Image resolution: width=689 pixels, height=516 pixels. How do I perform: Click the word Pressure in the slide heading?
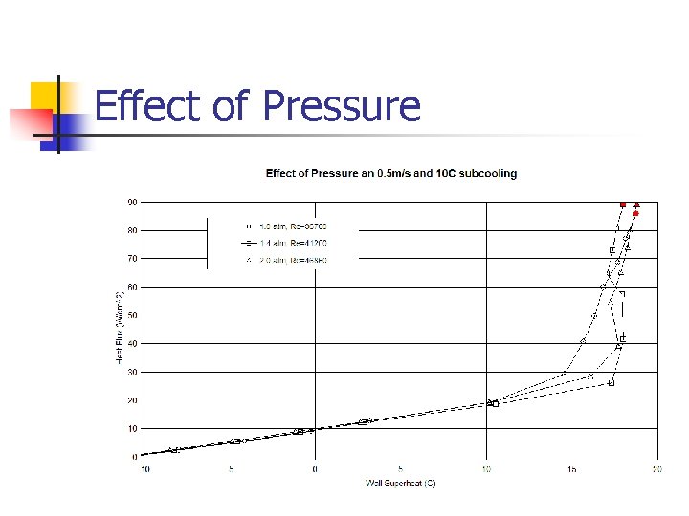[x=341, y=106]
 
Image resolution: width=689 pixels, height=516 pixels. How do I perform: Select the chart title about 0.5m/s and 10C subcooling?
[x=391, y=173]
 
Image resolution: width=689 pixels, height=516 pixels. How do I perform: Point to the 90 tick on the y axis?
[x=131, y=202]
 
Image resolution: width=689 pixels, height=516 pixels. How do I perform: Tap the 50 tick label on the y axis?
[x=131, y=315]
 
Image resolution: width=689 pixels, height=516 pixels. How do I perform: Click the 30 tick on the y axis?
[x=131, y=372]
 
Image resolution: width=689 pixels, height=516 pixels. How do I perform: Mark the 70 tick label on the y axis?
[x=131, y=258]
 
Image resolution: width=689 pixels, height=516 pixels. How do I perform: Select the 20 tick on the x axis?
[x=657, y=469]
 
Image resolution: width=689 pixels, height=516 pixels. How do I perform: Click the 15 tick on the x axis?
[x=571, y=469]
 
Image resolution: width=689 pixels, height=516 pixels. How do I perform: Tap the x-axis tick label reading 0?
[x=316, y=469]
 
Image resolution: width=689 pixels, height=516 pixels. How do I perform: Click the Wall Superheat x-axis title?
[x=400, y=483]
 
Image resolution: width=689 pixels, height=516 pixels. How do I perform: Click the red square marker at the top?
[x=623, y=204]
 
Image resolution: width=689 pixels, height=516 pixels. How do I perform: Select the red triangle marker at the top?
[x=637, y=204]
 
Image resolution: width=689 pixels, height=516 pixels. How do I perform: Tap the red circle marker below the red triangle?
[x=635, y=214]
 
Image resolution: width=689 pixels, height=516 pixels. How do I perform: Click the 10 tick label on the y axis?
[x=131, y=428]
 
